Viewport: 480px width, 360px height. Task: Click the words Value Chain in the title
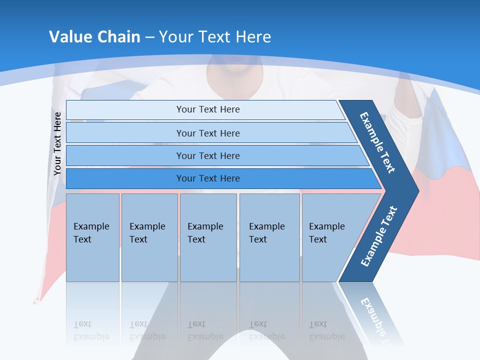click(94, 36)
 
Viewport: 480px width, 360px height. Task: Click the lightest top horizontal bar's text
click(208, 109)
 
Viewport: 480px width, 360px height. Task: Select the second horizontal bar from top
click(208, 133)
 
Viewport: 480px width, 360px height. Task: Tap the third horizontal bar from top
click(208, 155)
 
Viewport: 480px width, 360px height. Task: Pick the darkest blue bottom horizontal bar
click(208, 178)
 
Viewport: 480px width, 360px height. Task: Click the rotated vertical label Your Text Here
click(57, 144)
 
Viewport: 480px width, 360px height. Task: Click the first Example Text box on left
click(92, 237)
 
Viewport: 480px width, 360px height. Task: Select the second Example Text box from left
click(149, 237)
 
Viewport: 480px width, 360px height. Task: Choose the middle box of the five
click(208, 237)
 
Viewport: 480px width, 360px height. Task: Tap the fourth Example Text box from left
click(269, 237)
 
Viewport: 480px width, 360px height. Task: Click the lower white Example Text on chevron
click(379, 236)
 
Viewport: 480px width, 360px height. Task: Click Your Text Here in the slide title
click(215, 36)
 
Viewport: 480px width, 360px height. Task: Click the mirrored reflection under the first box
click(92, 330)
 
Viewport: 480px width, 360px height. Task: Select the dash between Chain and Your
click(149, 37)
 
